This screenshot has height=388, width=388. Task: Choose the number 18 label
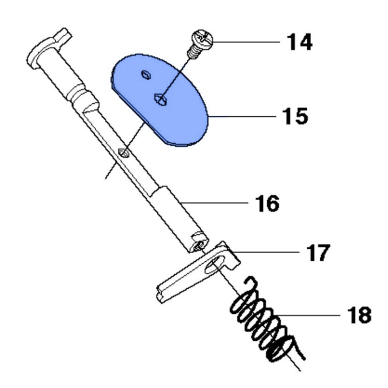[352, 315]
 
